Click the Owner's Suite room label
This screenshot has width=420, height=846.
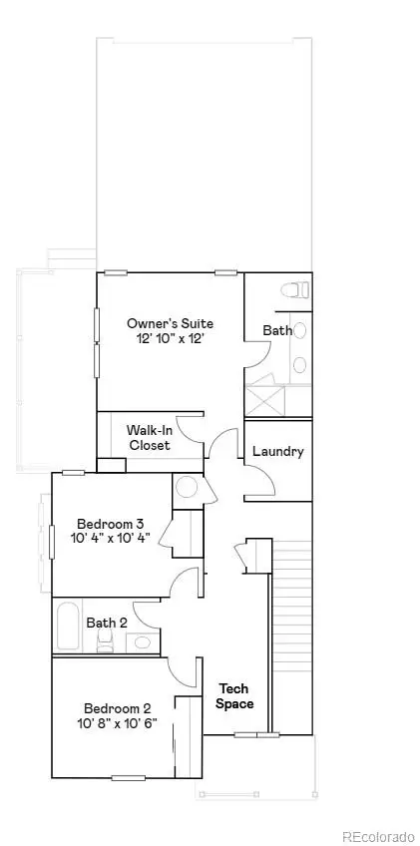[170, 323]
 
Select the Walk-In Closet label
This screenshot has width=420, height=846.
[148, 438]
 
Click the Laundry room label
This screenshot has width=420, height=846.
[277, 451]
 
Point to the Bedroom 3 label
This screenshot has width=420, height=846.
[113, 523]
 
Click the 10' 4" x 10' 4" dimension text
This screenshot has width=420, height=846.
[113, 539]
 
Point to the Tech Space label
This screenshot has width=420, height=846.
[234, 696]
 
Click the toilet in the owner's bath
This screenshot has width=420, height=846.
[290, 290]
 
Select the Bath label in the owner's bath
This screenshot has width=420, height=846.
[276, 330]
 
